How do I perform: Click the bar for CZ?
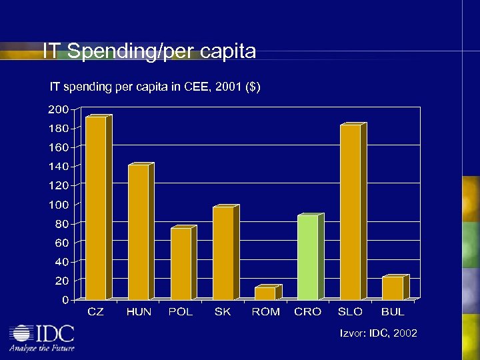95,208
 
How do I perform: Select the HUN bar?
138,232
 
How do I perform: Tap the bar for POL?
181,263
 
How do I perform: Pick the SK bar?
223,253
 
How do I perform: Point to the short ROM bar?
265,293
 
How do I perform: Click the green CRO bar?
307,257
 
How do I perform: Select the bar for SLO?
350,212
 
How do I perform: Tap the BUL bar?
393,288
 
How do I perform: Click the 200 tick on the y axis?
57,109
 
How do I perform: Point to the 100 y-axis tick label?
57,204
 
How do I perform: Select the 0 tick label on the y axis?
64,300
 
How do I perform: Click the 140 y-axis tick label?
57,166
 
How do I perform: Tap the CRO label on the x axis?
307,312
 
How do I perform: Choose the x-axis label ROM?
265,312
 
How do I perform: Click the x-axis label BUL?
393,312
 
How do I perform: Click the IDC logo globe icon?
23,333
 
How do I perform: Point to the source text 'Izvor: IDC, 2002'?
379,333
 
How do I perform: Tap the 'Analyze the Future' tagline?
41,348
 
